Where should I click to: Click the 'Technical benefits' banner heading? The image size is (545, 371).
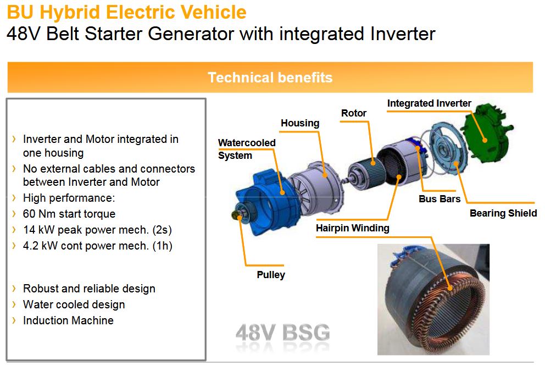[270, 77]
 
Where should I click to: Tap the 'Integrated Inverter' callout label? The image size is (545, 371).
[429, 103]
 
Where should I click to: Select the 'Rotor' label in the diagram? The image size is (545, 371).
[353, 113]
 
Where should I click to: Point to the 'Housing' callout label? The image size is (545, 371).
[300, 123]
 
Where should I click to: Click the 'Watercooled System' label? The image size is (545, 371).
[247, 149]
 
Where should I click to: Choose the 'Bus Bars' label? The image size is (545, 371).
[440, 199]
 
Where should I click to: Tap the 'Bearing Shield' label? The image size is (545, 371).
[503, 213]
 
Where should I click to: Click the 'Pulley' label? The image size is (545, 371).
[271, 275]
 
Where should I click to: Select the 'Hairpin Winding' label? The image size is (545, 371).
[353, 228]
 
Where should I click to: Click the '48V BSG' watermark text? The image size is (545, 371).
[282, 333]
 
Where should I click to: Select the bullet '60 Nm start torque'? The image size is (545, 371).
[69, 214]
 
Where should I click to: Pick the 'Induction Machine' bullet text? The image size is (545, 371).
[68, 320]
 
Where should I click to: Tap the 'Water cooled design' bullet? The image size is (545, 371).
[74, 304]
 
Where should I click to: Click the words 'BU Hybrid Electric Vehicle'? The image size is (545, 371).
[126, 12]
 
